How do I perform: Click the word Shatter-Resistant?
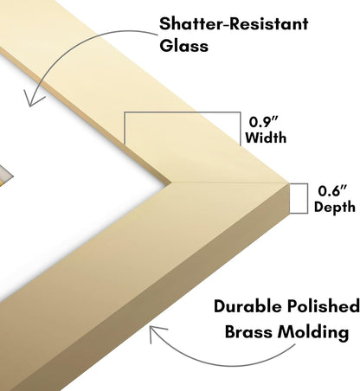[234, 23]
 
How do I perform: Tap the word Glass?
[183, 46]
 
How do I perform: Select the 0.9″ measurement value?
[263, 122]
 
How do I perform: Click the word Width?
[266, 138]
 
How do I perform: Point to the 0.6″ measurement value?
[332, 191]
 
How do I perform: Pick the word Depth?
[335, 208]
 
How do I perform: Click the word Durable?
[247, 306]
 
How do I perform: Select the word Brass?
[248, 332]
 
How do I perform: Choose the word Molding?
[313, 332]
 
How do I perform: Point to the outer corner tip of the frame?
[289, 183]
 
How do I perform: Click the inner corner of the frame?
[172, 183]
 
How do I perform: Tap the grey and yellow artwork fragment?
[5, 176]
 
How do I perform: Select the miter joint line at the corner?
[230, 183]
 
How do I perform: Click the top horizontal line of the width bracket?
[183, 112]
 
